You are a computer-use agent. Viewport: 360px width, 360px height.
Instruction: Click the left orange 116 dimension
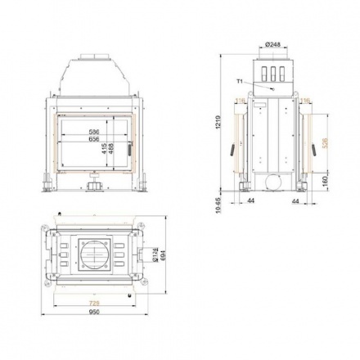(x=238, y=102)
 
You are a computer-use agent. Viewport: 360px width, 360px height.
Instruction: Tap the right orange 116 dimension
(x=304, y=102)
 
